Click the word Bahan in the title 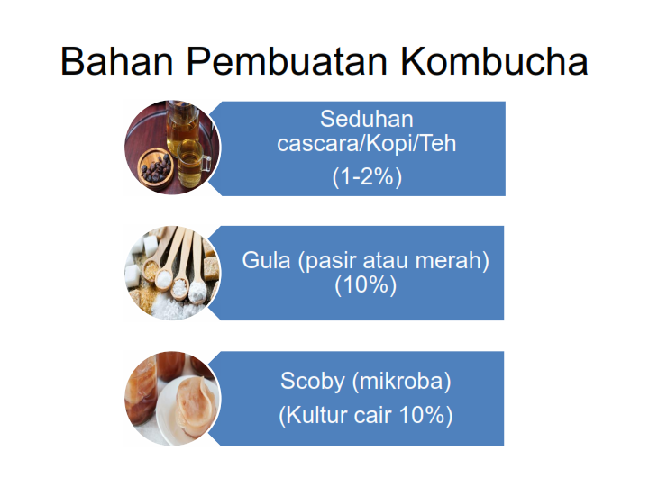pos(116,61)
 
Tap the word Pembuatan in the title pos(287,61)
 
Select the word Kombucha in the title pos(494,61)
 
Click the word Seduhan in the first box pos(366,119)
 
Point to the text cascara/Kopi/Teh pos(366,144)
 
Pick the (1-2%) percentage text pos(367,177)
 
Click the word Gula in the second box pos(266,260)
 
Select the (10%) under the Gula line pos(365,284)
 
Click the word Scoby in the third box pos(313,381)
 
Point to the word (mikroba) pos(401,381)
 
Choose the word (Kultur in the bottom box pos(313,415)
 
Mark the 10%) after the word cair pos(425,415)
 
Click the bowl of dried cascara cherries pos(156,168)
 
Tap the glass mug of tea pos(193,162)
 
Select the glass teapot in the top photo pos(182,124)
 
